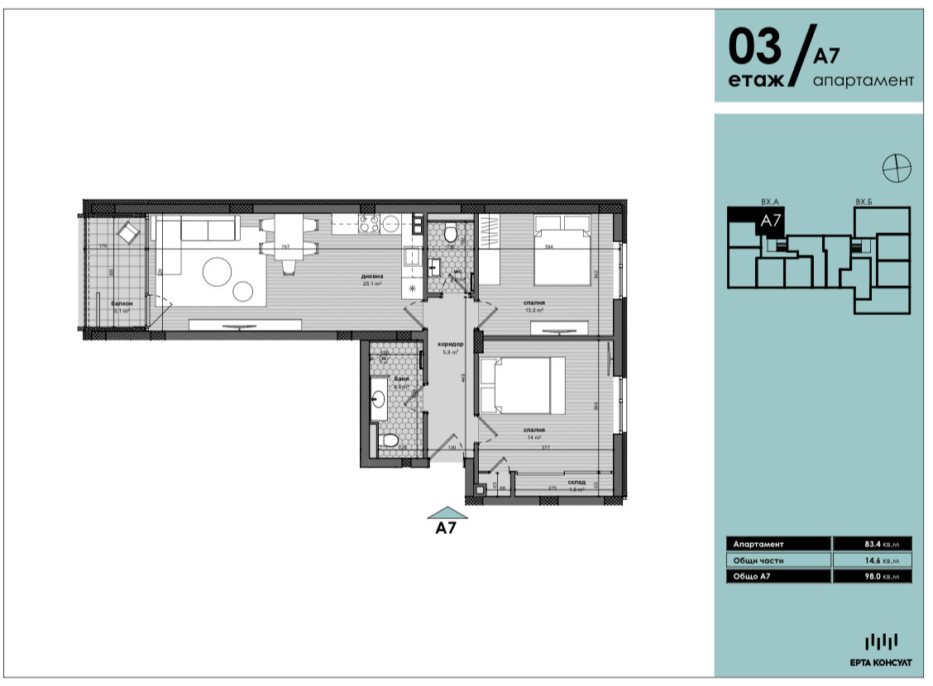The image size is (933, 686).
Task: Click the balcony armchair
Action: pos(129,232)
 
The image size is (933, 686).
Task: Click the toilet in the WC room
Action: pos(451,234)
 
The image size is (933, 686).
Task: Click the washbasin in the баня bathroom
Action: pos(378,399)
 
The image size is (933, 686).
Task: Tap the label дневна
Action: pos(371,276)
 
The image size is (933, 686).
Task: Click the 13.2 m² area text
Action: pos(533,312)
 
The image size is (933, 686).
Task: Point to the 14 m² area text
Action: pos(533,438)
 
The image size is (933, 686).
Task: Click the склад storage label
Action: pos(577,482)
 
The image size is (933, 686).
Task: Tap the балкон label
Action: pos(121,304)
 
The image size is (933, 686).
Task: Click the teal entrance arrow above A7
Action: pos(447,512)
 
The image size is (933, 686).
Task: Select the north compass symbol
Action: pos(897,168)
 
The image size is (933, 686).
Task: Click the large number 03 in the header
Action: pos(754,48)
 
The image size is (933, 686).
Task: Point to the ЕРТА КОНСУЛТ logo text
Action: pos(881,663)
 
